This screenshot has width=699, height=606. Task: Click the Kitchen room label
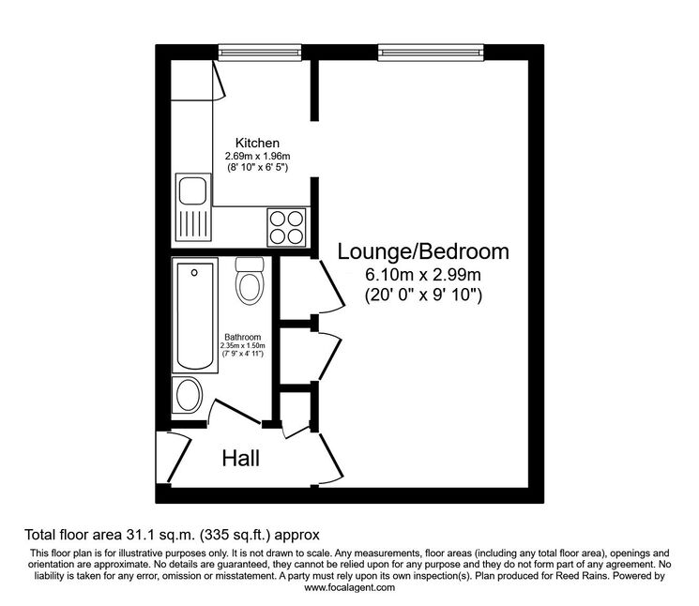pos(257,143)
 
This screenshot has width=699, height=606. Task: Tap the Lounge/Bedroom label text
pos(423,251)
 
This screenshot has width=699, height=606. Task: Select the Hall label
pos(241,459)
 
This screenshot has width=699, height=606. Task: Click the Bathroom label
pos(242,337)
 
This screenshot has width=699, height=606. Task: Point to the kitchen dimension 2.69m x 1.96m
pos(257,156)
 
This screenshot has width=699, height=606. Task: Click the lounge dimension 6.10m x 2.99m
pos(423,275)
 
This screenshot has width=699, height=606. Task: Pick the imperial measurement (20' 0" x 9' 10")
pos(423,295)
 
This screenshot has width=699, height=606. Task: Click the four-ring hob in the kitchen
pos(287,227)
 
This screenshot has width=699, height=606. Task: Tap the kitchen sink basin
pos(193,189)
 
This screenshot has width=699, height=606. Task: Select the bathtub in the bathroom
pos(195,315)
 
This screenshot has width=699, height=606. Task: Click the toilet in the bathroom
pos(250,281)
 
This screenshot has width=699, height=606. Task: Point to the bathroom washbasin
pos(188,395)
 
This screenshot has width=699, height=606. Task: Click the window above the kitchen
pos(260,53)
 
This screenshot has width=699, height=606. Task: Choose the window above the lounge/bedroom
pos(431,53)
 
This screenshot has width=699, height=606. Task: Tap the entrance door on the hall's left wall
pos(179,458)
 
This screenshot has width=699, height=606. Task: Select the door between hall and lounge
pos(330,459)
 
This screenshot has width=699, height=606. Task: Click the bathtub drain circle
pos(194,272)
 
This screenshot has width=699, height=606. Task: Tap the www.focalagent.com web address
pos(349,587)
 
